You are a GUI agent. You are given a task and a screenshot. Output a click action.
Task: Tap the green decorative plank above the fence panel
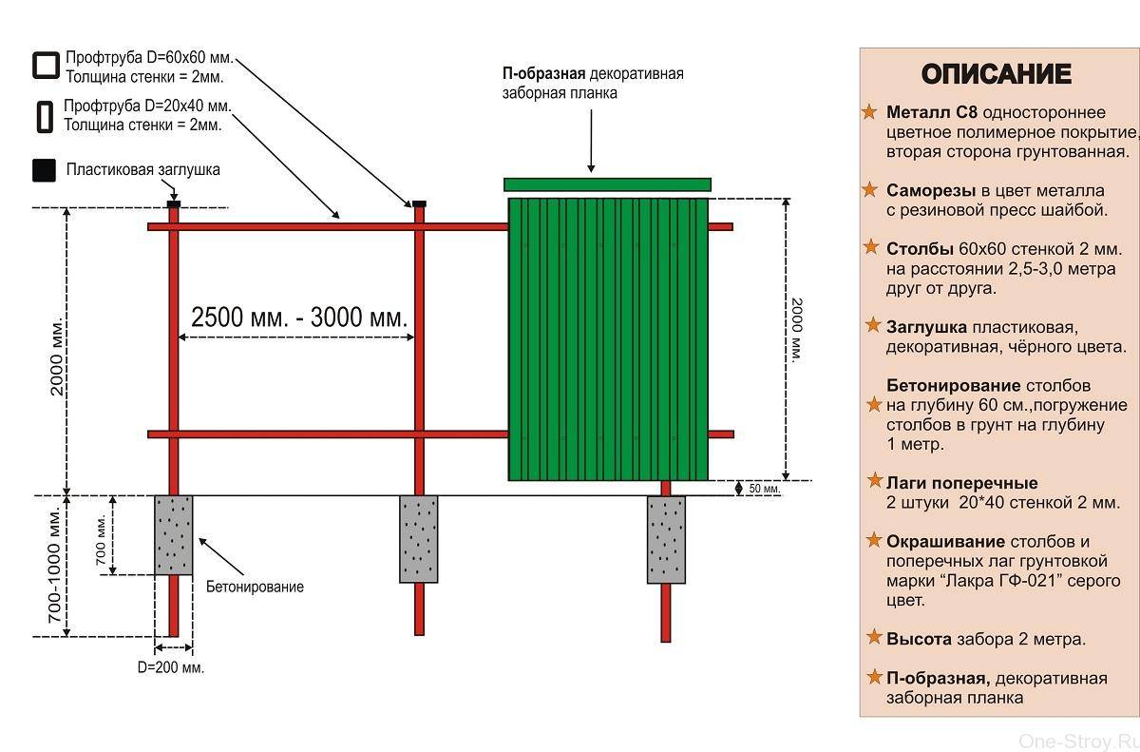pos(607,184)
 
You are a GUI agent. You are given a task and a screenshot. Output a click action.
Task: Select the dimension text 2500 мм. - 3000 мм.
pos(299,318)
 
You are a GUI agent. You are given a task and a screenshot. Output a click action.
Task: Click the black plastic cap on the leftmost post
pos(173,203)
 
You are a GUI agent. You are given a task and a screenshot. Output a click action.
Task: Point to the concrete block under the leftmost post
pos(173,534)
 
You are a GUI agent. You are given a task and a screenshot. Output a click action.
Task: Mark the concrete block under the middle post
pos(418,538)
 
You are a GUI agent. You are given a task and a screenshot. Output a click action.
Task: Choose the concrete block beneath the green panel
pos(665,538)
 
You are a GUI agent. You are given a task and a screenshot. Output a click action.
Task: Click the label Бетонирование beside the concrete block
pos(255,587)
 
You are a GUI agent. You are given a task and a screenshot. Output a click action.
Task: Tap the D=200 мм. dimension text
pos(171,667)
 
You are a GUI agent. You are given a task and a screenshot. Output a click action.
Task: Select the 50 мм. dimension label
pos(764,489)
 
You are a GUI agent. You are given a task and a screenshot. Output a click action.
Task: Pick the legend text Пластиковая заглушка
pos(142,170)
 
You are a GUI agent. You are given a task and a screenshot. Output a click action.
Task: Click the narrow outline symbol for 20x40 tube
pos(44,115)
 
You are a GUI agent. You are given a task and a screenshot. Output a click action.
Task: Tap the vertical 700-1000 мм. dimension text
pos(54,566)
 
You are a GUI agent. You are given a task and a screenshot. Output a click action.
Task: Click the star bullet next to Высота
pos(871,638)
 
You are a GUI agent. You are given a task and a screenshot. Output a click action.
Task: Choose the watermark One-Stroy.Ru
pos(1076,740)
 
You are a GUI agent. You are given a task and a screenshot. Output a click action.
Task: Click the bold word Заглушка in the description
pos(926,327)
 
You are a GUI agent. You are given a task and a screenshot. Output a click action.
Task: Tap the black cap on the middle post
pos(418,203)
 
